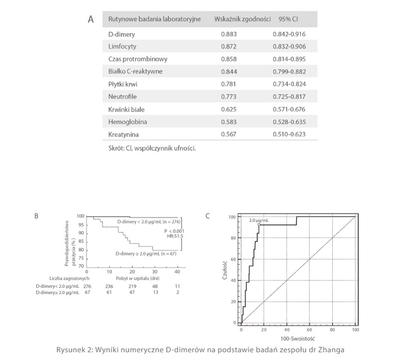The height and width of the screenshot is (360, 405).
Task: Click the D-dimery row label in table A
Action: (122, 34)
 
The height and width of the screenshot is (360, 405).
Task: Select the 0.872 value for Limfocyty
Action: (229, 47)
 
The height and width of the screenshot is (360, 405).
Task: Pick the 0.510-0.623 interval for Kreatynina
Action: (289, 134)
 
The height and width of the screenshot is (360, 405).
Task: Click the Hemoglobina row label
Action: (128, 122)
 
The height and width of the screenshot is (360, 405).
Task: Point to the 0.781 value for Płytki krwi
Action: (229, 84)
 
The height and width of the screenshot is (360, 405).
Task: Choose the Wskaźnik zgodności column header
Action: (242, 19)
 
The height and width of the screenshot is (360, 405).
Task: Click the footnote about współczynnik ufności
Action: (152, 148)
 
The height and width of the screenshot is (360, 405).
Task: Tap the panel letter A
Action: (90, 20)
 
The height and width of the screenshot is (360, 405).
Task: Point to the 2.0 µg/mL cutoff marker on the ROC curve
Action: (259, 225)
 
